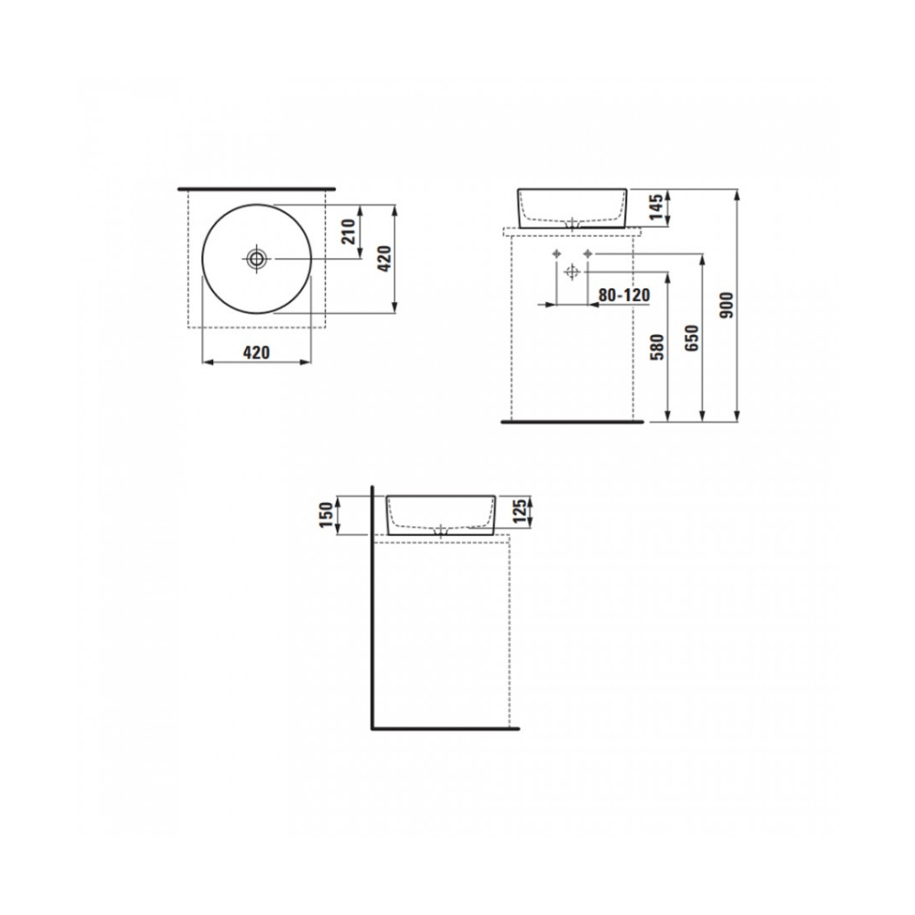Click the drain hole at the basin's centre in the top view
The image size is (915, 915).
pos(257,259)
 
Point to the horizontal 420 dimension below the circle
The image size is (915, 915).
pos(256,351)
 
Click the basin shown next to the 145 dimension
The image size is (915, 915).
pos(574,208)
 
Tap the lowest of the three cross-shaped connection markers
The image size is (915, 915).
pos(572,272)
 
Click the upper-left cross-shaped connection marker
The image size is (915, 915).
pos(555,253)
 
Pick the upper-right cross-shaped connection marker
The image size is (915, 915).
pos(588,253)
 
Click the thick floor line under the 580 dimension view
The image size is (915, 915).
pos(573,424)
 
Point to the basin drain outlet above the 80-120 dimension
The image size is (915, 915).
pos(573,223)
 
